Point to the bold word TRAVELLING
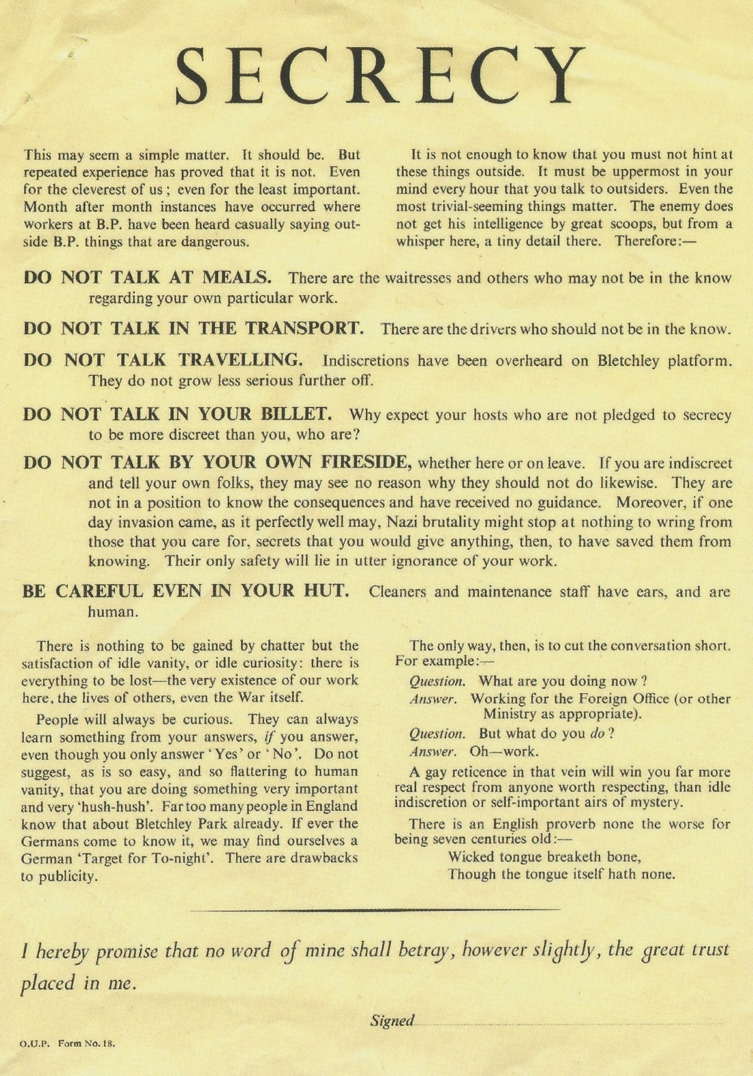[x=240, y=360]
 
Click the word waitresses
[x=418, y=278]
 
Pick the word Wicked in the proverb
[x=470, y=857]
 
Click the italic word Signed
[x=392, y=1020]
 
